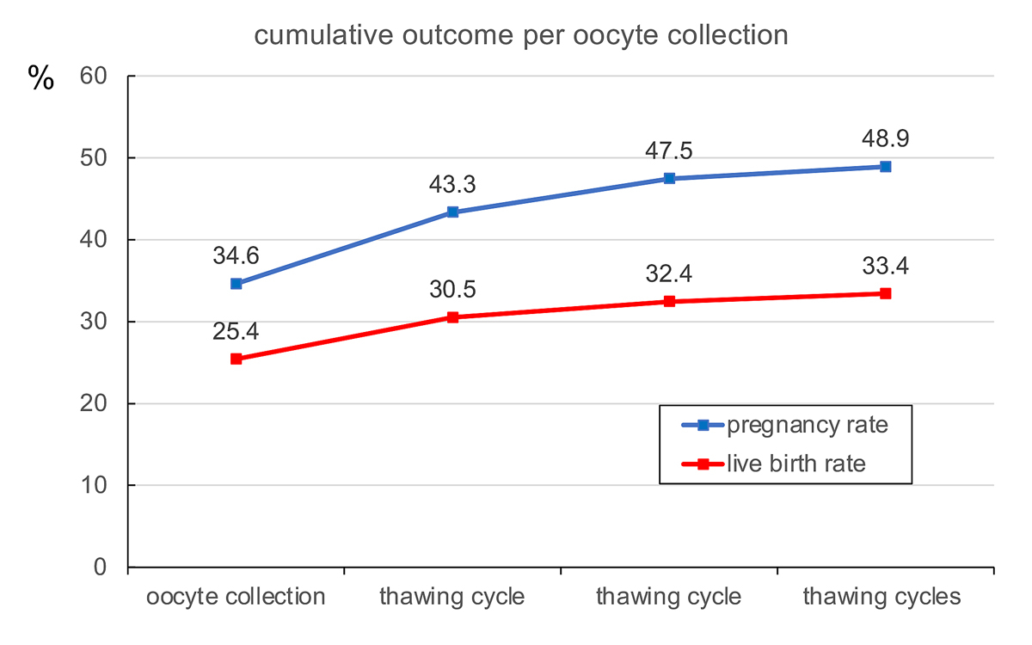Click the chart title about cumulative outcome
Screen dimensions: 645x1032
(521, 36)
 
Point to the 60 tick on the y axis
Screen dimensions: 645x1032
(94, 77)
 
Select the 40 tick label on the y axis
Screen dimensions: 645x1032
(94, 240)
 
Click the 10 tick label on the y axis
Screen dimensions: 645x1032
(94, 486)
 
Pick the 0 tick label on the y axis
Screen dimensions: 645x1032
(100, 568)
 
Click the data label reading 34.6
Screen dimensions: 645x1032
(236, 255)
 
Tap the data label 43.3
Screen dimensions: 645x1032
(452, 185)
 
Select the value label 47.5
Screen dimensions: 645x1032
(669, 150)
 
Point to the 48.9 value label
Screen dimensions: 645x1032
(885, 138)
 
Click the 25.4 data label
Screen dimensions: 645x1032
(236, 331)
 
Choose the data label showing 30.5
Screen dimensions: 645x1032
(452, 290)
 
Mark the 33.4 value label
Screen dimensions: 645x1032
(885, 266)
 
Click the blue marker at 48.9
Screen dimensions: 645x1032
(885, 166)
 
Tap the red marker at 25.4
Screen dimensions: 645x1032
(236, 359)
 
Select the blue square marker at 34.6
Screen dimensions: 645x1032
(236, 284)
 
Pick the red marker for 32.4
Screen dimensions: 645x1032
(669, 301)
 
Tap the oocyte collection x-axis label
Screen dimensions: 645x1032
(236, 597)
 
